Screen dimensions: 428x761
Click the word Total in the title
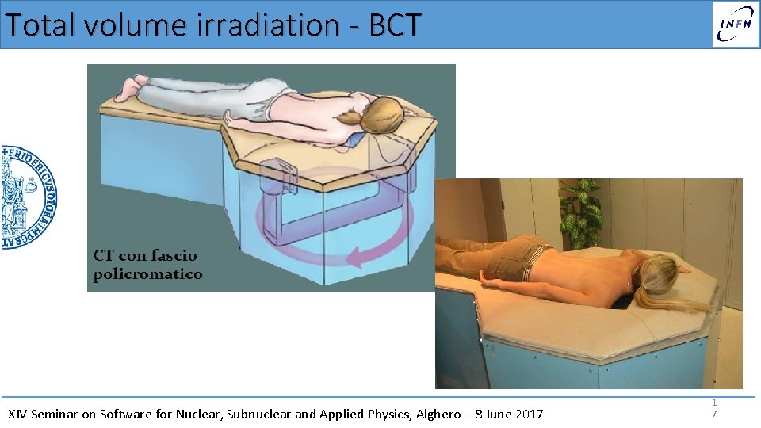pyautogui.click(x=40, y=25)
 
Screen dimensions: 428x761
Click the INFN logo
pyautogui.click(x=735, y=24)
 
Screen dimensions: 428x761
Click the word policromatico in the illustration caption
pyautogui.click(x=147, y=275)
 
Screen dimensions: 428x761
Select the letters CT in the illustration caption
pyautogui.click(x=106, y=256)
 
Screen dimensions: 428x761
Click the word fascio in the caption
pyautogui.click(x=170, y=256)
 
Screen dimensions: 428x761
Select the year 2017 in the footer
pyautogui.click(x=529, y=414)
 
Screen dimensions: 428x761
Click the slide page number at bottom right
pyautogui.click(x=714, y=408)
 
